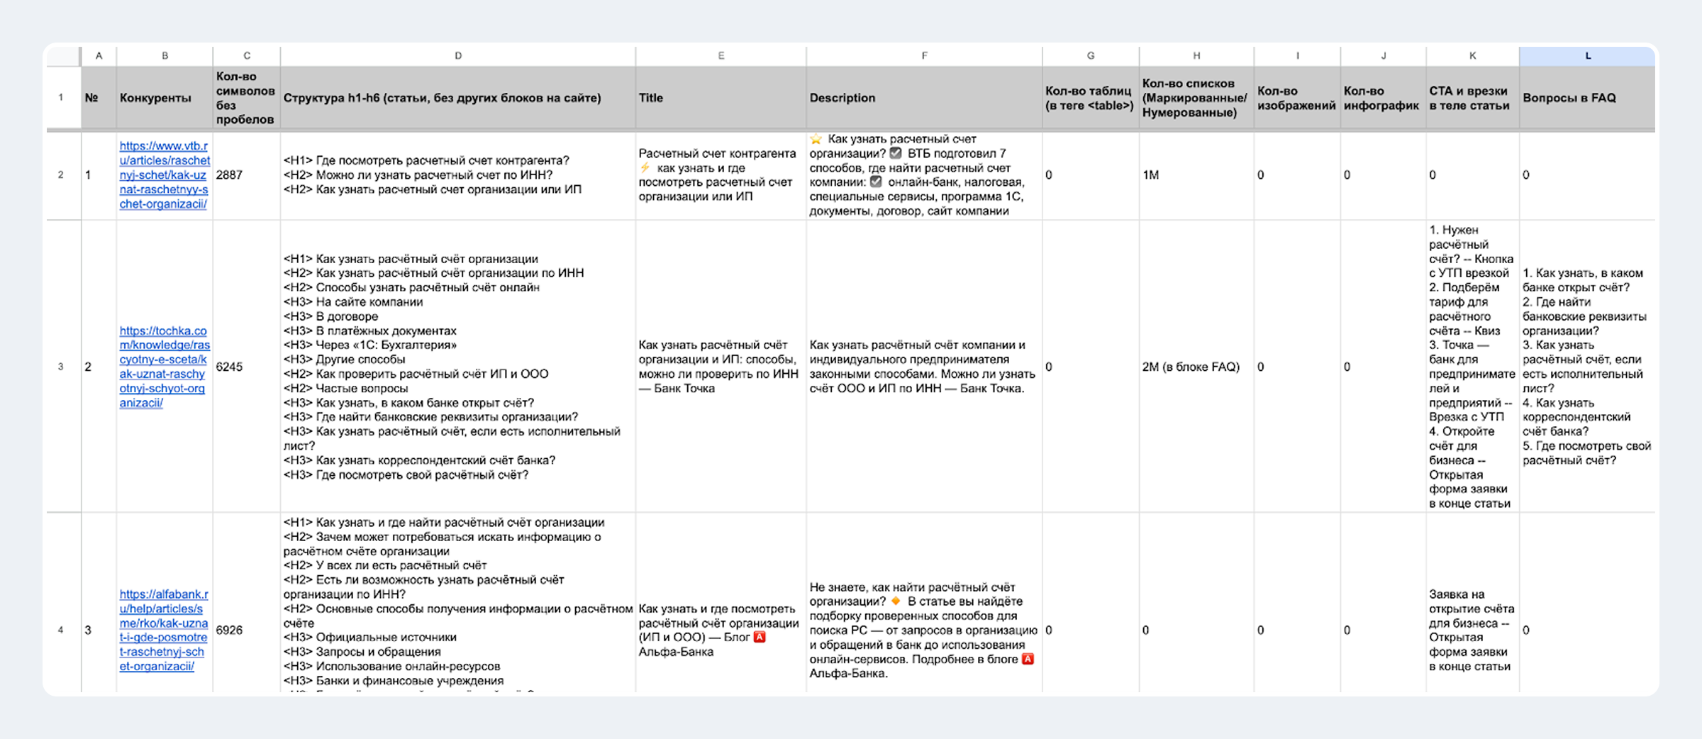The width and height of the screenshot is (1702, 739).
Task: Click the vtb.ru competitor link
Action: click(x=164, y=175)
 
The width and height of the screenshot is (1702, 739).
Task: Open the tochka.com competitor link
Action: click(x=164, y=367)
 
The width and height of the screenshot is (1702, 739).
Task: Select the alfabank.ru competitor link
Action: click(x=164, y=630)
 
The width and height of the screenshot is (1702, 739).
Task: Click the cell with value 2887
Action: click(x=229, y=175)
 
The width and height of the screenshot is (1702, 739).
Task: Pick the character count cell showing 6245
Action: click(x=229, y=367)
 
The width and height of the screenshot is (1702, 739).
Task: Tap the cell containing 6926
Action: click(x=229, y=630)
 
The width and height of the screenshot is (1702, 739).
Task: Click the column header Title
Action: click(x=651, y=98)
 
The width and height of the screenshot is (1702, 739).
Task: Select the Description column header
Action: click(x=842, y=98)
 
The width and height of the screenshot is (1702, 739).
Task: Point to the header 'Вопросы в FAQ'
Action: click(x=1569, y=98)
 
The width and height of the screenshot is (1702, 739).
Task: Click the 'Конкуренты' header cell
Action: click(x=155, y=98)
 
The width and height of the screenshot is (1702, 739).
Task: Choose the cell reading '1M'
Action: click(x=1150, y=175)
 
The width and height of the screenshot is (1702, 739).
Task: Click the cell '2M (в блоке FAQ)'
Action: click(x=1191, y=367)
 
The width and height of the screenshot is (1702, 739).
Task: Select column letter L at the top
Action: click(x=1587, y=55)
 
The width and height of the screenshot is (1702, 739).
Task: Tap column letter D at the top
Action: click(x=458, y=55)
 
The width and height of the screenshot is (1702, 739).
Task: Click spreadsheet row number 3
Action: click(x=61, y=367)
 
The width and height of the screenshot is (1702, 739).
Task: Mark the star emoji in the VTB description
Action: click(x=816, y=139)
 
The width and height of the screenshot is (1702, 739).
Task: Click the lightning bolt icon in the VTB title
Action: click(x=645, y=168)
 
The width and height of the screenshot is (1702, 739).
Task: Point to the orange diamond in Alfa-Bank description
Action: click(x=896, y=601)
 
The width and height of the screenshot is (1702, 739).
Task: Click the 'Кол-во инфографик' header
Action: click(x=1381, y=98)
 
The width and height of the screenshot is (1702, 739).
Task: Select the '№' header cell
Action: click(x=91, y=98)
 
